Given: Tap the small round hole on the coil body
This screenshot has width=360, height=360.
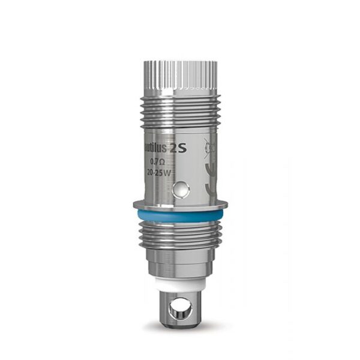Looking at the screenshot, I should pos(179,191).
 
